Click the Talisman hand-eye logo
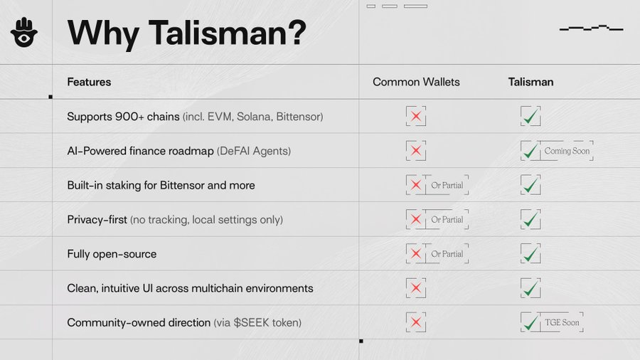click(24, 32)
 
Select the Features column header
click(89, 82)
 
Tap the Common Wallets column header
click(416, 82)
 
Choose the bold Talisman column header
click(530, 82)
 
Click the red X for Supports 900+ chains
click(416, 117)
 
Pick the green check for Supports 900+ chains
click(530, 117)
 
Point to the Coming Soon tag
click(567, 151)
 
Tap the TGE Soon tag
click(562, 322)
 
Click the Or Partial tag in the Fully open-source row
click(447, 254)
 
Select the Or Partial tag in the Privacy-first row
click(447, 220)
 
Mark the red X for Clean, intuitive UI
click(416, 288)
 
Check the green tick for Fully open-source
click(530, 254)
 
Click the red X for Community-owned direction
click(416, 322)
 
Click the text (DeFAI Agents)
click(254, 151)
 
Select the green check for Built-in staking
click(530, 185)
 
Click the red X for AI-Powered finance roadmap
click(416, 151)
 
